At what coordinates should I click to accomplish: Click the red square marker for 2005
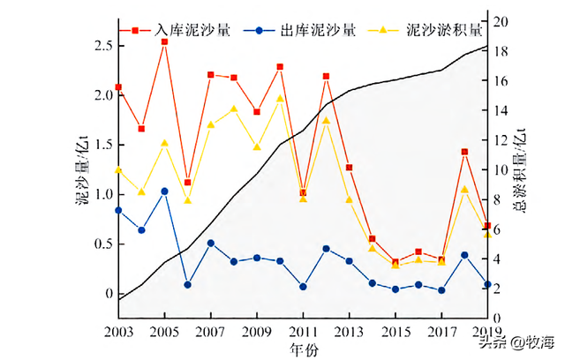point(164,41)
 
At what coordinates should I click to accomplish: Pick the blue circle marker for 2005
point(164,191)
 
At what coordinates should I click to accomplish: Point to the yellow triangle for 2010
point(280,99)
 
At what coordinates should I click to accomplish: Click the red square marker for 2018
point(464,152)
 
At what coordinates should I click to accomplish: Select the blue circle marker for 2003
point(118,210)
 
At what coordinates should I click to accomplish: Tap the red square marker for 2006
point(187,182)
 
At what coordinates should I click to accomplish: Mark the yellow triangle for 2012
point(326,121)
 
